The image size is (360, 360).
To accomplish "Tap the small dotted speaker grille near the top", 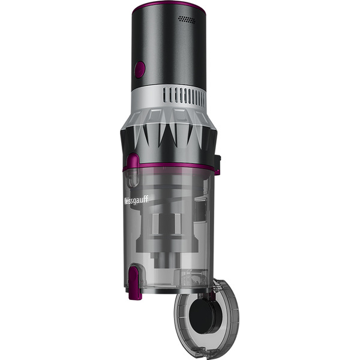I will coord(188,20).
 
